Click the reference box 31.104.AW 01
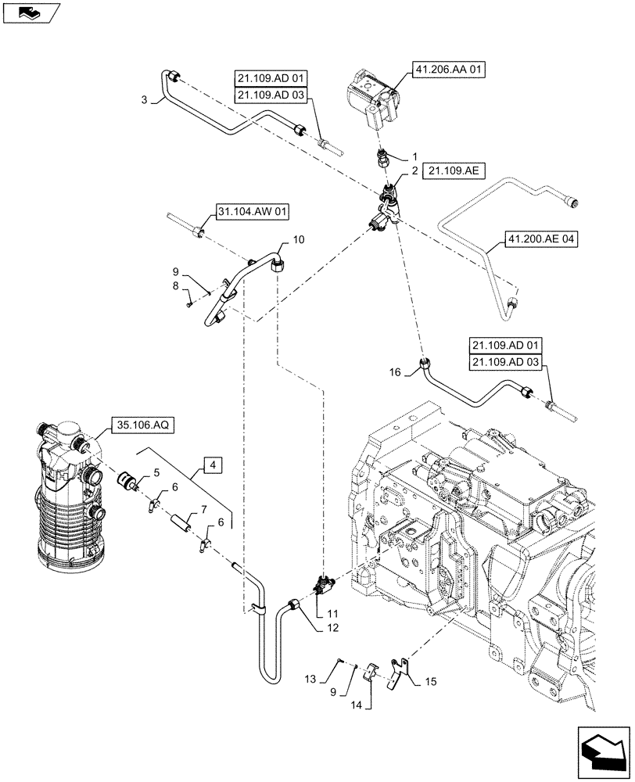[x=249, y=211]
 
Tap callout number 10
[x=299, y=239]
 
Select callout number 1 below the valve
[x=415, y=156]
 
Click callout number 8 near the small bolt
[x=177, y=289]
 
